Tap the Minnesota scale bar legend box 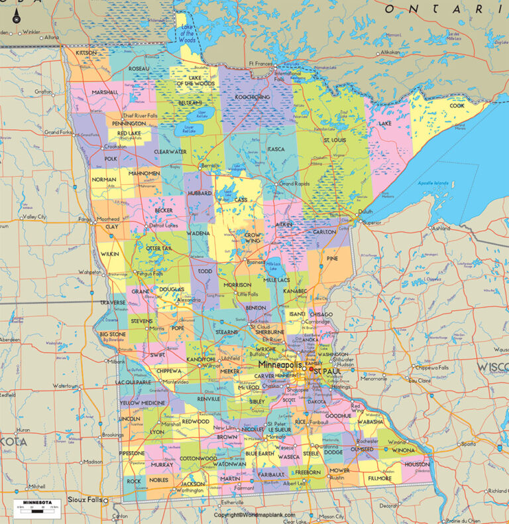coord(32,507)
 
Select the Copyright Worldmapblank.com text coord(254,515)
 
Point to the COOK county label coord(457,105)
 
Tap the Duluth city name coord(365,212)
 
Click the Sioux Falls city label coord(87,499)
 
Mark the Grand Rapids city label coord(295,183)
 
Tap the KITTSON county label coord(86,52)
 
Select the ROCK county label coord(134,482)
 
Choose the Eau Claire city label coord(419,381)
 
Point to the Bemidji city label coord(209,165)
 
